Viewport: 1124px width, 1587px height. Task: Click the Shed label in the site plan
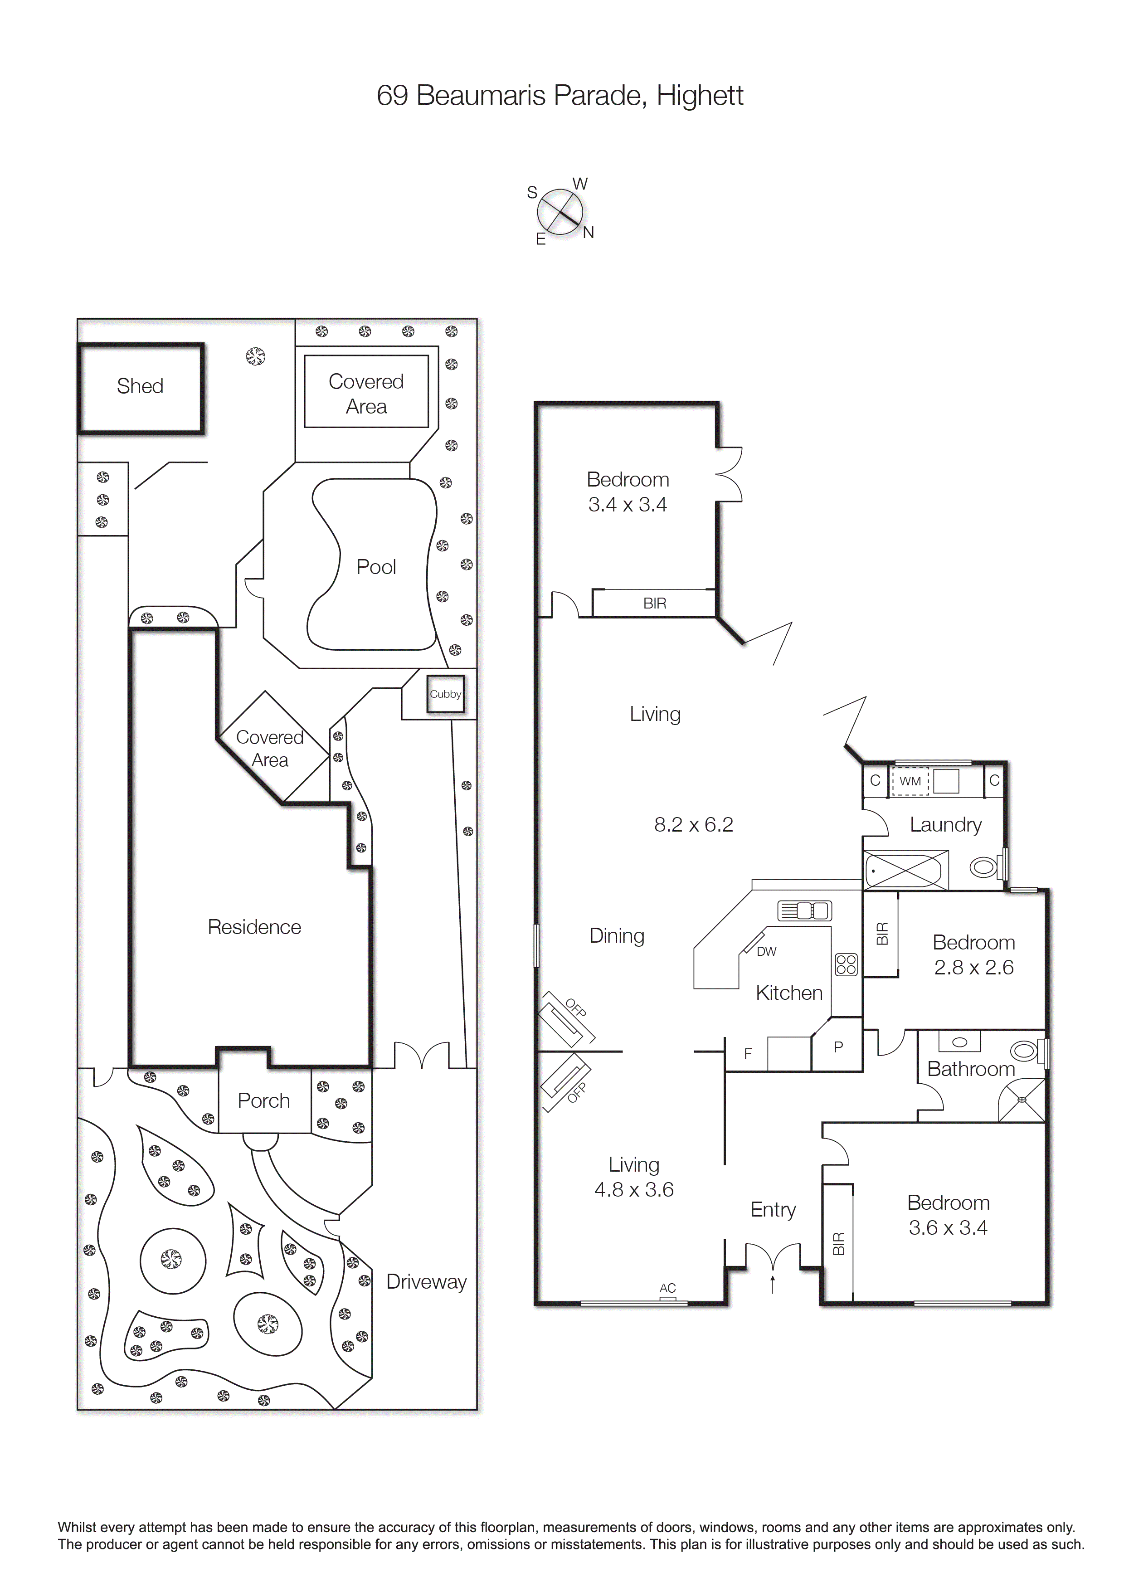coord(140,386)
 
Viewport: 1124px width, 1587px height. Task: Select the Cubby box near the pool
coord(445,694)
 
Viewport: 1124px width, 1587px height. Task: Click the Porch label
coord(264,1100)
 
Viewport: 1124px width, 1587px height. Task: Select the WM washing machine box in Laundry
coord(910,781)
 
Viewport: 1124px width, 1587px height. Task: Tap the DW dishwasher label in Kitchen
coord(766,952)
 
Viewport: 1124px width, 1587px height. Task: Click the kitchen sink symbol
coord(804,911)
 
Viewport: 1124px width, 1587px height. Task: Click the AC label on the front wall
coord(667,1288)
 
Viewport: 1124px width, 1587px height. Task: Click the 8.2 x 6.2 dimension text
coord(694,824)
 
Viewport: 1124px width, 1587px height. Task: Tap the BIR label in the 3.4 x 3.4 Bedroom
coord(655,604)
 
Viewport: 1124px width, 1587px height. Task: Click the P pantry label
coord(838,1047)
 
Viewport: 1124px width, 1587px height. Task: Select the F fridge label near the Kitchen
coord(748,1054)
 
